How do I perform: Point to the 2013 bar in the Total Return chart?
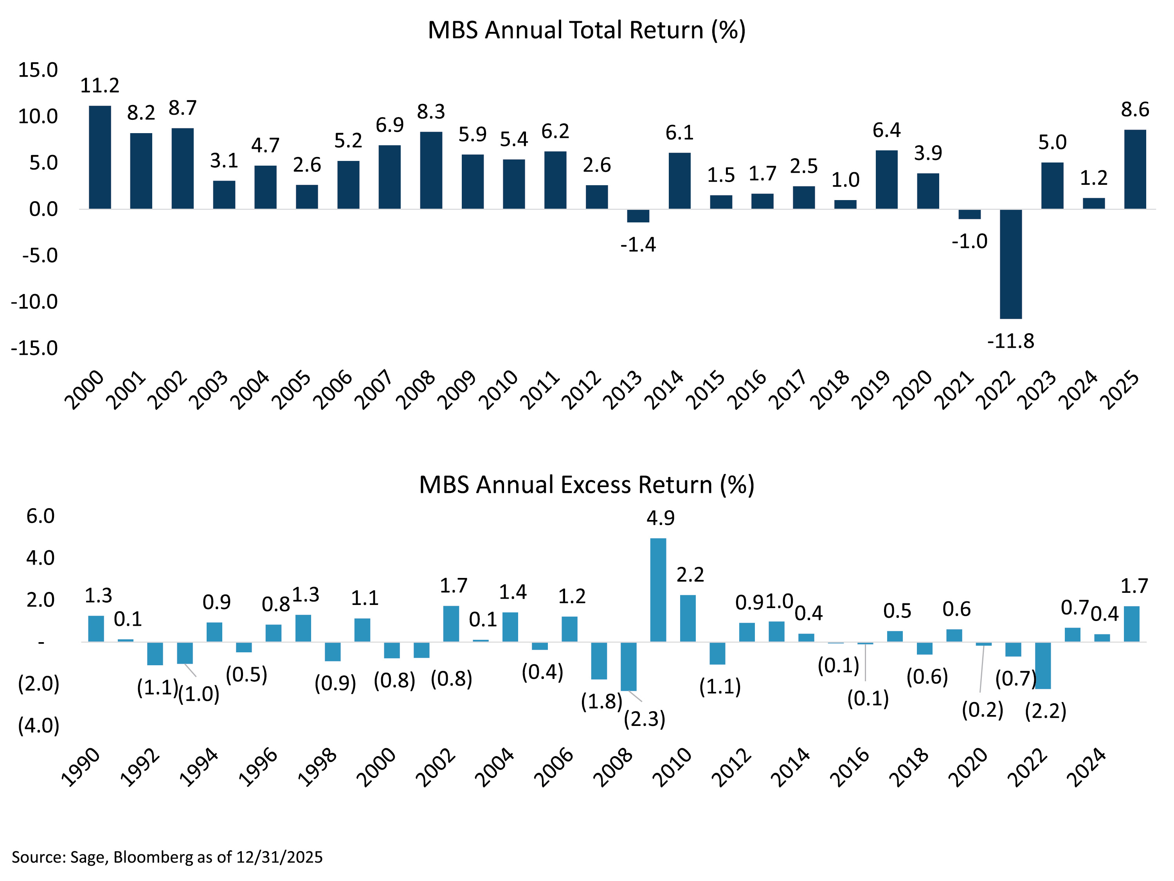[x=638, y=216]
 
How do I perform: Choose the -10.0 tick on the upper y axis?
[x=34, y=301]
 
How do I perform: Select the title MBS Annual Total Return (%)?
[x=587, y=30]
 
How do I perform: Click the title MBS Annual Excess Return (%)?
[x=587, y=485]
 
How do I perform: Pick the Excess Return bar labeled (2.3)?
[x=628, y=666]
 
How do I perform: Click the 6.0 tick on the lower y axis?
[x=40, y=516]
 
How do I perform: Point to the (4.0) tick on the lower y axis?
[x=39, y=726]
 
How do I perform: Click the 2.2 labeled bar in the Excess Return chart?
[x=688, y=618]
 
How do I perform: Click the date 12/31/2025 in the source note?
[x=279, y=857]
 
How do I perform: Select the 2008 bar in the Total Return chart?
[x=431, y=170]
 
